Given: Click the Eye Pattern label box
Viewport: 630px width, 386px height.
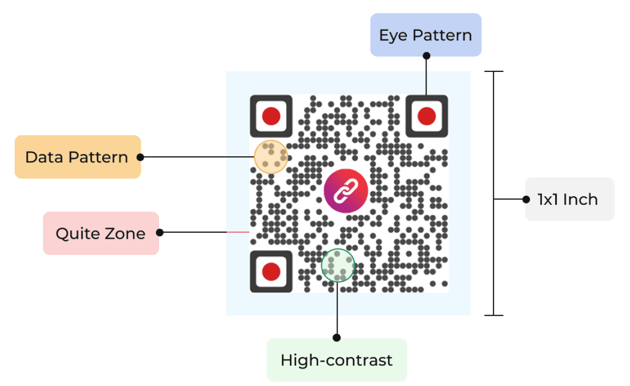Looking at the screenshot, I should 426,35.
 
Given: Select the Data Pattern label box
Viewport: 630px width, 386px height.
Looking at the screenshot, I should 77,157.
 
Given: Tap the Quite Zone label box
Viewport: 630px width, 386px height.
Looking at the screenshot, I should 100,233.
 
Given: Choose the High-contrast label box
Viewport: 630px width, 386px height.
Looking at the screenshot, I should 337,360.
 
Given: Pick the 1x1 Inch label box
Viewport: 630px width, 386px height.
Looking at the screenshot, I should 569,199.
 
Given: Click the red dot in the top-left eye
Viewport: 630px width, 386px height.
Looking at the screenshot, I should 271,116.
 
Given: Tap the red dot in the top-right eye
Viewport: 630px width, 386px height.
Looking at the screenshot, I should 427,116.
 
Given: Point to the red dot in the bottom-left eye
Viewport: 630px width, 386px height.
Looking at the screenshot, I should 271,272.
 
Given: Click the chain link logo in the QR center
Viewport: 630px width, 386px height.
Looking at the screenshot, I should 346,191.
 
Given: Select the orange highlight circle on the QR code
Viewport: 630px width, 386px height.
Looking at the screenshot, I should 271,157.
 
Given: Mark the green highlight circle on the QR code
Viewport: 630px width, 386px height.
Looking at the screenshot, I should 338,265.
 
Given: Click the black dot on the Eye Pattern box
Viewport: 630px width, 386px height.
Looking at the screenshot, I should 426,56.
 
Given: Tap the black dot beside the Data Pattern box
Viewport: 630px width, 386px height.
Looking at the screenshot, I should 141,157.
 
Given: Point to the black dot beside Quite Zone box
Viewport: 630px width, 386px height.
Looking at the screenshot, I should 160,233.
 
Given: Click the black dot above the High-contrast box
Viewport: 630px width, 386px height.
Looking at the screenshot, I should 337,337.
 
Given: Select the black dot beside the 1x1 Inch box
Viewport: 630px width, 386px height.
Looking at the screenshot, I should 526,199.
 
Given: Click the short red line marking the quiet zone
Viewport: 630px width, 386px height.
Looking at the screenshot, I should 237,232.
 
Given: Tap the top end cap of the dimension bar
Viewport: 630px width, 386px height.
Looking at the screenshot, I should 494,71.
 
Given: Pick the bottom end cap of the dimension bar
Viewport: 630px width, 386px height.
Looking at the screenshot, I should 494,316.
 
